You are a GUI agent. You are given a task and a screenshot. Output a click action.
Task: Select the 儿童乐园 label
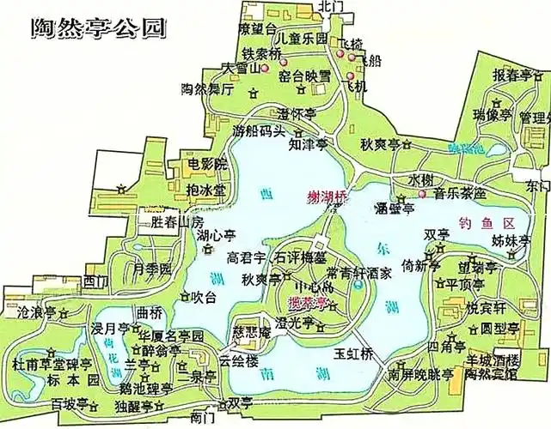pos(298,39)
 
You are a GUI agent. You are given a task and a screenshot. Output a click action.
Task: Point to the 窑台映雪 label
pos(304,76)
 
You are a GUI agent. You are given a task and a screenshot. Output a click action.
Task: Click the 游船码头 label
pos(258,131)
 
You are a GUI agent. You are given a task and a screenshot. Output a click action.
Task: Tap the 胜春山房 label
pos(175,221)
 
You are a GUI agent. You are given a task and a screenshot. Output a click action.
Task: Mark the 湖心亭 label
pos(216,235)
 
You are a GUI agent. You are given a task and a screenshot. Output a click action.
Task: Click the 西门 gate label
pos(97,281)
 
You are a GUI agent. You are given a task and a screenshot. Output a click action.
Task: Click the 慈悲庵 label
pos(252,332)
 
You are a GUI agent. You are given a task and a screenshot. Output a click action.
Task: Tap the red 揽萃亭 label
pos(312,304)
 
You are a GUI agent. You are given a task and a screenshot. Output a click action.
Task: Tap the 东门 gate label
pos(538,186)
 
